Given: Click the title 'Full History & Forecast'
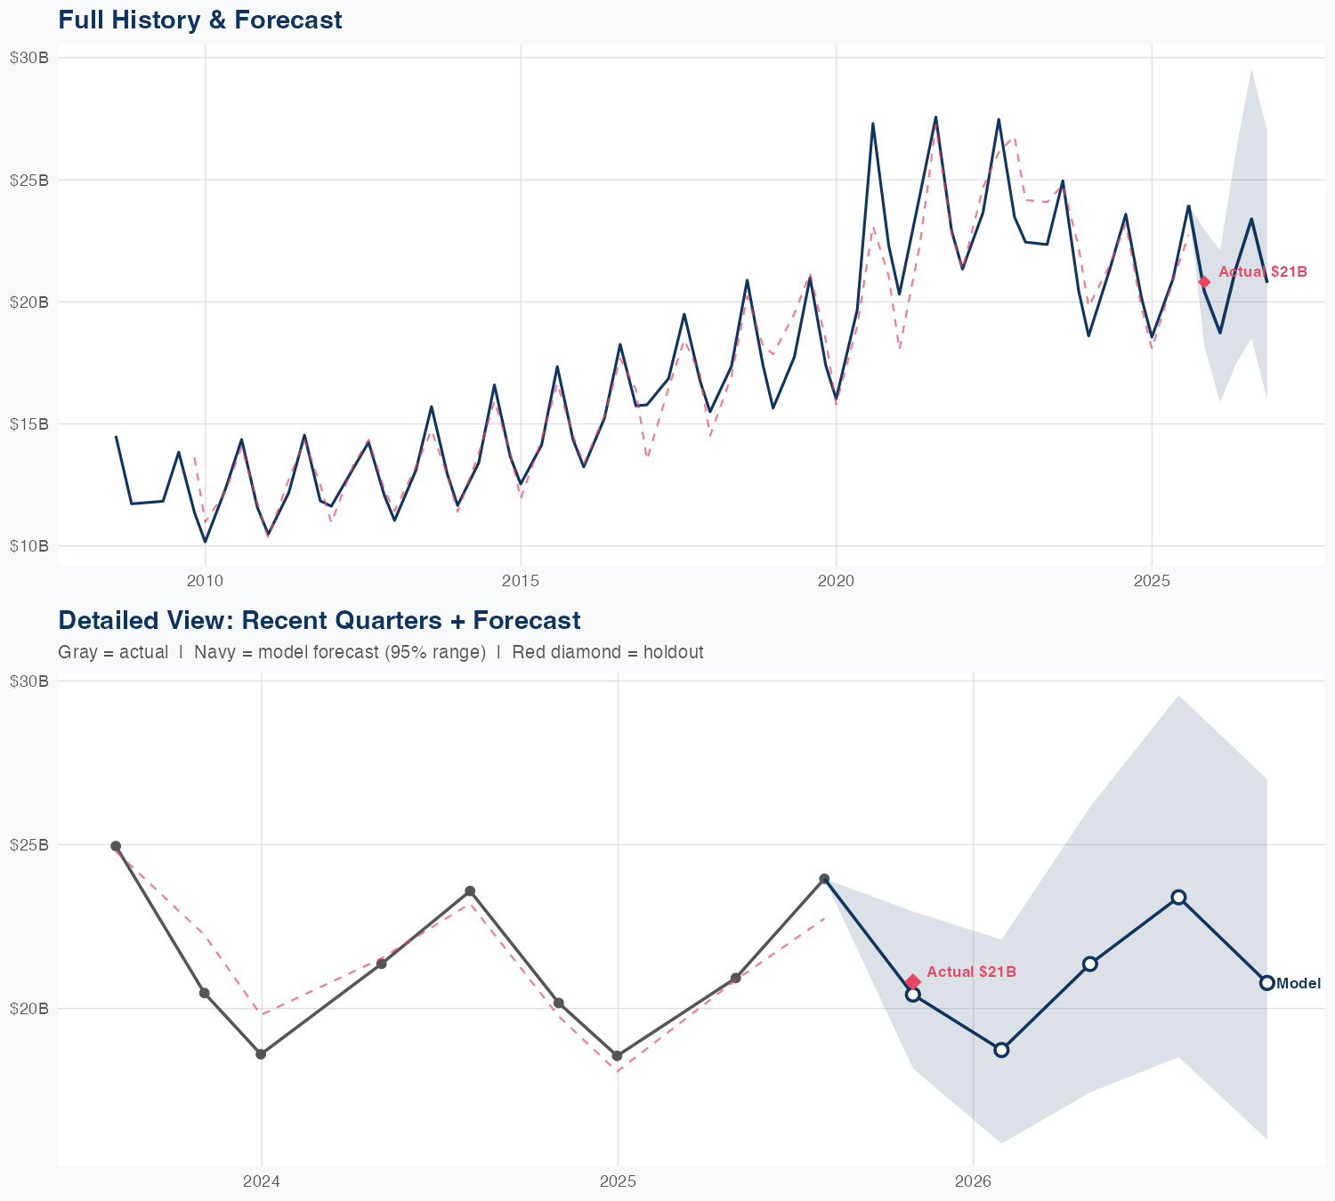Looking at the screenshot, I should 199,20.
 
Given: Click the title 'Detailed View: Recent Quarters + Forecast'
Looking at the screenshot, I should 319,620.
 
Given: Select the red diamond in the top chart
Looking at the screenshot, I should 1204,282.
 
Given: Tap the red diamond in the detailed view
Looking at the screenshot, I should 912,981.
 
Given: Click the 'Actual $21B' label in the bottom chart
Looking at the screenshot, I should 971,971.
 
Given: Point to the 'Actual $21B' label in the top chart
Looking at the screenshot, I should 1262,271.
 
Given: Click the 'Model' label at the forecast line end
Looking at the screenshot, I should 1299,983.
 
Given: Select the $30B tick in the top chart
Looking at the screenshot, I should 28,58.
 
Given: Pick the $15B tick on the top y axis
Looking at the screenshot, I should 28,423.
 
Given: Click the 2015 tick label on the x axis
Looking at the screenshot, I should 521,581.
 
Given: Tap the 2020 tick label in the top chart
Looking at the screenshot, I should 836,581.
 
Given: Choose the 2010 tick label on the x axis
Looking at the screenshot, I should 205,581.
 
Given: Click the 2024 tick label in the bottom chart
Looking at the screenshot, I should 261,1181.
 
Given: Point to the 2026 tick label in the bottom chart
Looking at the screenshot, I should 973,1181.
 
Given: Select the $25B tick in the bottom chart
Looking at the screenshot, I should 28,844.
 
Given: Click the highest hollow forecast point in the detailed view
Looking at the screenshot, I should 1178,897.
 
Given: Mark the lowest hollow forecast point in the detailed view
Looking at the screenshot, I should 1001,1050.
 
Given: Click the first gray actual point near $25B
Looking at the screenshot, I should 116,846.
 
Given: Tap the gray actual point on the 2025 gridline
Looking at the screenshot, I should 617,1056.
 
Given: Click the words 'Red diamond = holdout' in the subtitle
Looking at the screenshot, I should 607,652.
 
